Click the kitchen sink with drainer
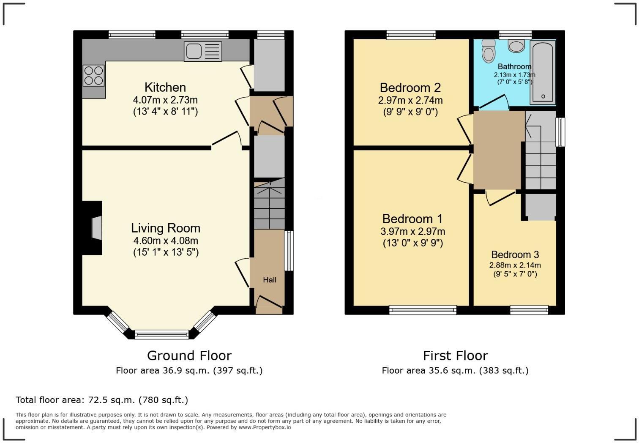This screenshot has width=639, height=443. pos(203,51)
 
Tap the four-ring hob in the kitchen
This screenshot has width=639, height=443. pos(93,76)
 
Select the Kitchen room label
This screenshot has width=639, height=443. pos(165,87)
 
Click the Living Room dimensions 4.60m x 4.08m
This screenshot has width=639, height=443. pos(166,241)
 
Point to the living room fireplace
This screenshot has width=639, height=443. pos(92,228)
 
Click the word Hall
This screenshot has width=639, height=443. pos(270,280)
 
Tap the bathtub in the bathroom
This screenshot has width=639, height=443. pos(543,72)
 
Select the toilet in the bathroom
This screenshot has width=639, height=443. pos(489,51)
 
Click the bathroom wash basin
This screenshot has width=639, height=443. pos(516,46)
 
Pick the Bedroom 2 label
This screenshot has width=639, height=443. pos(410,88)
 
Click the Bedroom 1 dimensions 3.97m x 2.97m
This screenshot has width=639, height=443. pos(413,231)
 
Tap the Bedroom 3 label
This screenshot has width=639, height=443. pos(515,254)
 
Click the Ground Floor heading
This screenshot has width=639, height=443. pos(189,356)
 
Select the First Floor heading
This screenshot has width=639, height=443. pos(455,356)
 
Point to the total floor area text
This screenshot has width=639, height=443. pos(102,400)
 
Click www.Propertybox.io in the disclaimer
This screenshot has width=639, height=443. pos(265,427)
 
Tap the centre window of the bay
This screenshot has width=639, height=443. pos(162,334)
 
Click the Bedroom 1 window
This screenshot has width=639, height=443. pos(423,310)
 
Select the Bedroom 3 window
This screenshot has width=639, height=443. pos(529,310)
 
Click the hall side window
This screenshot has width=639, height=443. pos(289,251)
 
